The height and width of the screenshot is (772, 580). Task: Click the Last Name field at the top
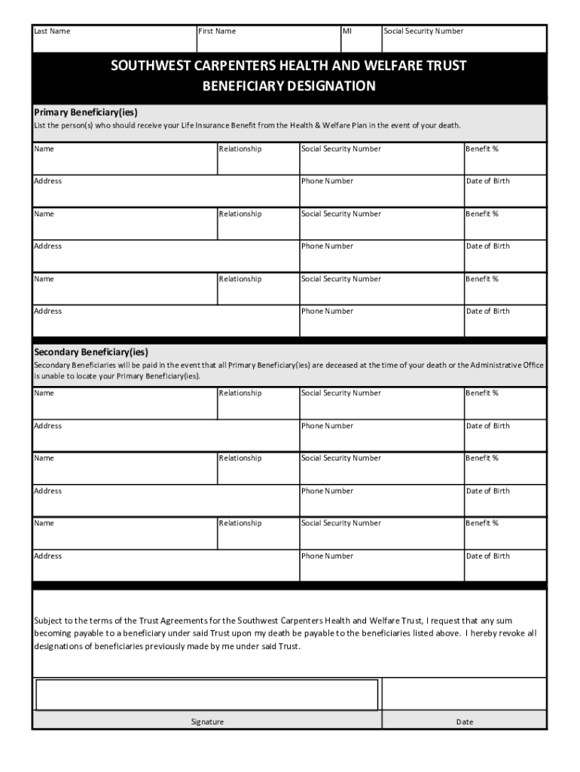click(113, 40)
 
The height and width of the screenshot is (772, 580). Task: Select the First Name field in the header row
click(267, 40)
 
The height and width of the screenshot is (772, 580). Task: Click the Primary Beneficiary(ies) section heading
click(86, 112)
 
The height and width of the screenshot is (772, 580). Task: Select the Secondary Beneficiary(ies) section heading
click(91, 352)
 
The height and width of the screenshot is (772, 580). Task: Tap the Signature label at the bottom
click(207, 722)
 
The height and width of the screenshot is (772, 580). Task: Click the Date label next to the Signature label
click(465, 722)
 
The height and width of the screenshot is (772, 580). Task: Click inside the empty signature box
click(206, 694)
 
